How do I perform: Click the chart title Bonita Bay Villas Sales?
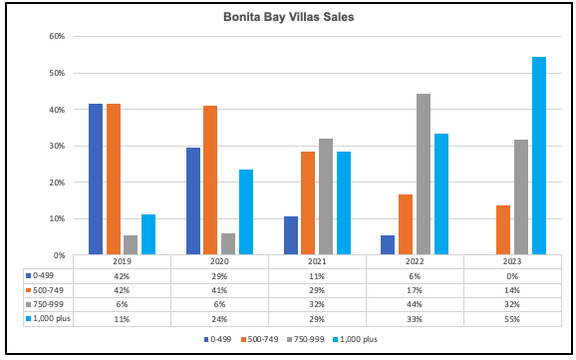pos(288,17)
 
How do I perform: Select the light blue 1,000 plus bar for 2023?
pos(539,156)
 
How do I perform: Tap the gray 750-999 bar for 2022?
pos(424,174)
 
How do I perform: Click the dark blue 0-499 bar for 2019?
pos(96,180)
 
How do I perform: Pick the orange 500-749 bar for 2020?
pos(210,180)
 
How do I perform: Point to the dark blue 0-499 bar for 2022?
pos(388,245)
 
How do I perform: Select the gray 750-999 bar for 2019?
pos(131,245)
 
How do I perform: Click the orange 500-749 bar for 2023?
pos(503,229)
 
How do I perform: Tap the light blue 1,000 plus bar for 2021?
pos(344,203)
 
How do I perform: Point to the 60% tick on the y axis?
pos(58,36)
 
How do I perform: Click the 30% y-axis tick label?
pos(58,146)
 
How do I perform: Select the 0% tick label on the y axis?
pos(60,255)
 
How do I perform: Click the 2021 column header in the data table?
pos(317,261)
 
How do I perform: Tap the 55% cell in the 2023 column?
pos(512,319)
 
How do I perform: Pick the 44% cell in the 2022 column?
pos(415,304)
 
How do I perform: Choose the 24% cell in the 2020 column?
pos(219,319)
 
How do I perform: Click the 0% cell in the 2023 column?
pos(512,276)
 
